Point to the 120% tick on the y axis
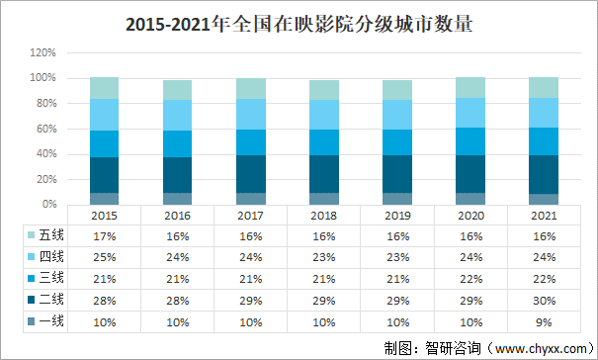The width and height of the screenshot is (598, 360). pos(43,52)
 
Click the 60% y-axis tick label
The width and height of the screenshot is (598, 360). pos(45,129)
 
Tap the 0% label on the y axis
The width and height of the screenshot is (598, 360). pos(48,205)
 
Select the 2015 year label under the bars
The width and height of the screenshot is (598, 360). pos(104,214)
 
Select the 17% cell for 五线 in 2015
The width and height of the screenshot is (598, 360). pos(104,235)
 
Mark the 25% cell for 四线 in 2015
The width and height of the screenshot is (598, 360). pos(104,257)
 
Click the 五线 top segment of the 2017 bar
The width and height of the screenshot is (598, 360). pos(250,88)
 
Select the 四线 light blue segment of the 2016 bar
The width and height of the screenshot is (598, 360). pos(177,115)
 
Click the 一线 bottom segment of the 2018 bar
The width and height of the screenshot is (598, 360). pos(323,198)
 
